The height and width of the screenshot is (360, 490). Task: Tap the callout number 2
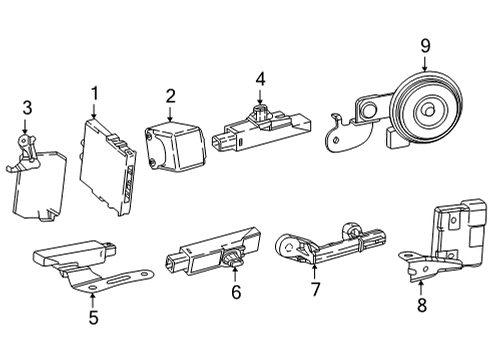[x=171, y=96]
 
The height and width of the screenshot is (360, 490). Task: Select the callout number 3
[x=27, y=107]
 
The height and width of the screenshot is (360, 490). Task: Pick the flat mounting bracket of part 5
[x=111, y=279]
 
